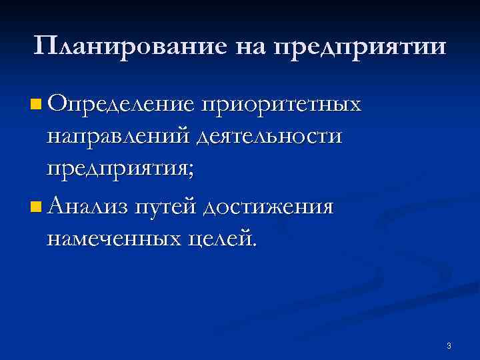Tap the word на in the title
[x=250, y=47]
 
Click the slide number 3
[x=449, y=345]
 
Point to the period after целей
[x=253, y=245]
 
